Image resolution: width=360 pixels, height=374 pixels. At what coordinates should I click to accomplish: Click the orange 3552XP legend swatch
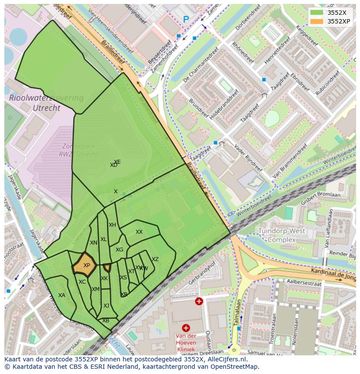317,21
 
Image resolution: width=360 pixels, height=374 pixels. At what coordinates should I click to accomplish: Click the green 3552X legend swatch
317,13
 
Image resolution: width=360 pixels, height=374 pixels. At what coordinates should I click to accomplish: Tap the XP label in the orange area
87,265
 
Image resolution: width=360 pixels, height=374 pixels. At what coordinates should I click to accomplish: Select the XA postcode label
62,295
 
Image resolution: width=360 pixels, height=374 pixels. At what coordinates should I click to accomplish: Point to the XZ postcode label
155,259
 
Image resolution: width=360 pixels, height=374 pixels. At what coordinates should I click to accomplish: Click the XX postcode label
139,232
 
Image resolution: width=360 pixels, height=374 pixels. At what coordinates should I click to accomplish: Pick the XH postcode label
113,225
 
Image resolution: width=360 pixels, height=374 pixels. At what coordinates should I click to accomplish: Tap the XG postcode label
120,250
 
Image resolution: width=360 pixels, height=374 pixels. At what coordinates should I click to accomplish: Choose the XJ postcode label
107,306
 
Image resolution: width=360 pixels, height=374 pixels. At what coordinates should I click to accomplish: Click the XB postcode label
106,321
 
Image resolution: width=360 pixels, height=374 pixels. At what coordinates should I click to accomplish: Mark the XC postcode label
82,282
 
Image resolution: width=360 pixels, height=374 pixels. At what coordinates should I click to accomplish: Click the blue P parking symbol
186,19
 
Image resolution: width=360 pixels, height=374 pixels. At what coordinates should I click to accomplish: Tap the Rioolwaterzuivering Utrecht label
46,103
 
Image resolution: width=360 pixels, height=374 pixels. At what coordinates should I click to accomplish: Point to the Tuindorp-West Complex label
281,235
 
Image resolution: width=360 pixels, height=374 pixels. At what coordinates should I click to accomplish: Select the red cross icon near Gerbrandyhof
199,301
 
